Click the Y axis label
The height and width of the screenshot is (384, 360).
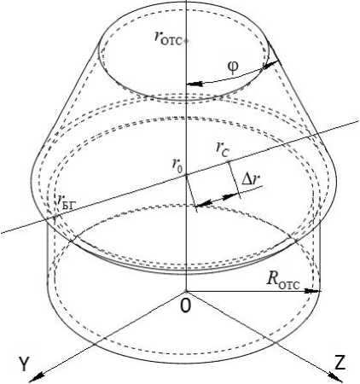click(x=24, y=364)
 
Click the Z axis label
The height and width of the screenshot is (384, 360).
click(x=340, y=363)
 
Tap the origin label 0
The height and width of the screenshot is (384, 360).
click(x=186, y=306)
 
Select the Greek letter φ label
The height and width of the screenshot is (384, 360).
click(x=233, y=67)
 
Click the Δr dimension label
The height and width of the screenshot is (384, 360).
click(x=251, y=179)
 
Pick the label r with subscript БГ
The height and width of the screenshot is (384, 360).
click(x=66, y=201)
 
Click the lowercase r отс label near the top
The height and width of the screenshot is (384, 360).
click(x=168, y=38)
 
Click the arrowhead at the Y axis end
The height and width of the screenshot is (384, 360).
click(x=35, y=376)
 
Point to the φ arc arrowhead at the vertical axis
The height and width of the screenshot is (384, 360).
click(x=194, y=84)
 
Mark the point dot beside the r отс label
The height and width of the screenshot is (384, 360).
click(x=186, y=42)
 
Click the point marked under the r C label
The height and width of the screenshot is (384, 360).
click(x=228, y=162)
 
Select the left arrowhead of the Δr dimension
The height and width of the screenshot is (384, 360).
click(x=203, y=202)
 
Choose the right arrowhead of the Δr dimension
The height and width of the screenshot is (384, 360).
click(x=231, y=196)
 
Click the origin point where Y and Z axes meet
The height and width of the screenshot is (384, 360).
click(x=186, y=291)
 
